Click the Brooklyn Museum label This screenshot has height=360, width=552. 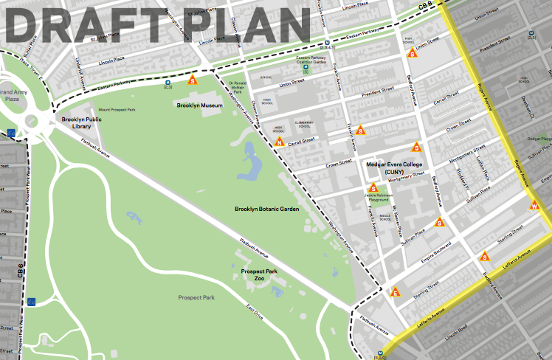coord(200,105)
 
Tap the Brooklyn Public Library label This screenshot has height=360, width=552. coord(80,122)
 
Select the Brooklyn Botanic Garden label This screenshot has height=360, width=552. coord(266,210)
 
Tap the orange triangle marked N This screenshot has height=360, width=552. coord(280,142)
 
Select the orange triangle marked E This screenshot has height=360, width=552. coord(396,292)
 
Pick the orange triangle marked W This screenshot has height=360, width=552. coord(534,206)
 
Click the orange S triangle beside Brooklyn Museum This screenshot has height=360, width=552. coord(193,80)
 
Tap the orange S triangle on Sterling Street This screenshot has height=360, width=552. coord(485,257)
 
